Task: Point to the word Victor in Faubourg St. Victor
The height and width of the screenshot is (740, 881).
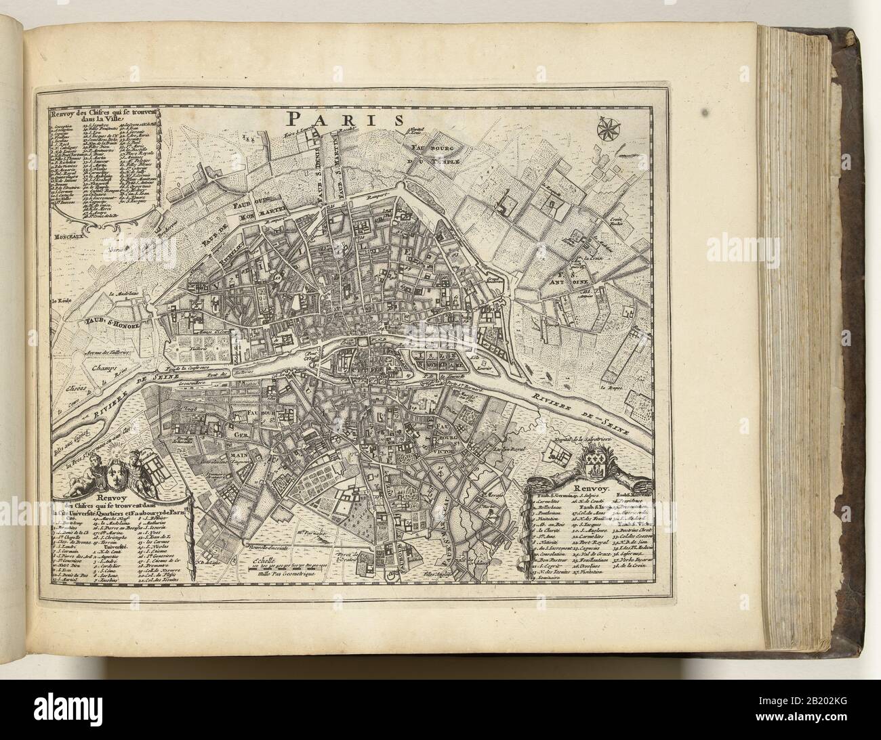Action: coord(461,445)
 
